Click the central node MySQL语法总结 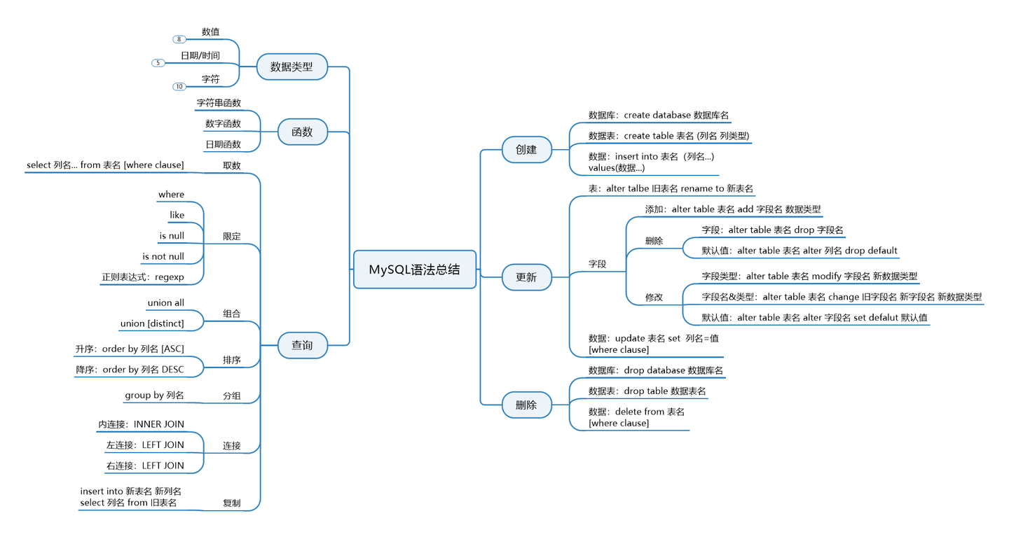[415, 269]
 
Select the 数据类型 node [292, 67]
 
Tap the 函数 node [302, 132]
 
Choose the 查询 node [302, 345]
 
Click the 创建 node [526, 150]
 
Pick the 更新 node [526, 277]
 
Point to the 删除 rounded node [526, 405]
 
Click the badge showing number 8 [179, 39]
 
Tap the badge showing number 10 [179, 87]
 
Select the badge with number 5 [158, 63]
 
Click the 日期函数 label [223, 144]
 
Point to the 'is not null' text [163, 256]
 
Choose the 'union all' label [166, 303]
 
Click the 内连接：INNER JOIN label [142, 424]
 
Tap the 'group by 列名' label [154, 395]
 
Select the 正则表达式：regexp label [143, 277]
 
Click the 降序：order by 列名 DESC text [130, 370]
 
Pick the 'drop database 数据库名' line [655, 370]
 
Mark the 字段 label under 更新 [597, 265]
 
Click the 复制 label [231, 503]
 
